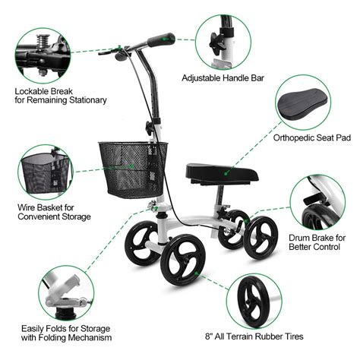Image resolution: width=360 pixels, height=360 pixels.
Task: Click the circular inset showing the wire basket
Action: (x=43, y=172)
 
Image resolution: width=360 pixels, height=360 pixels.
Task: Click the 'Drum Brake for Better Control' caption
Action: (x=317, y=242)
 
